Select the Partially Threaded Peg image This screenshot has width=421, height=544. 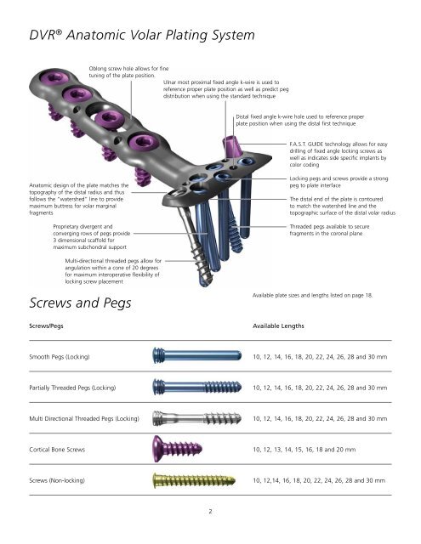point(186,387)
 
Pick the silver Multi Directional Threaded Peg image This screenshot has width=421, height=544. point(186,418)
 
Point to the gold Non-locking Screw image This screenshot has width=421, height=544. point(187,482)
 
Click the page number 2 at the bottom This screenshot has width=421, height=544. point(210,513)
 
